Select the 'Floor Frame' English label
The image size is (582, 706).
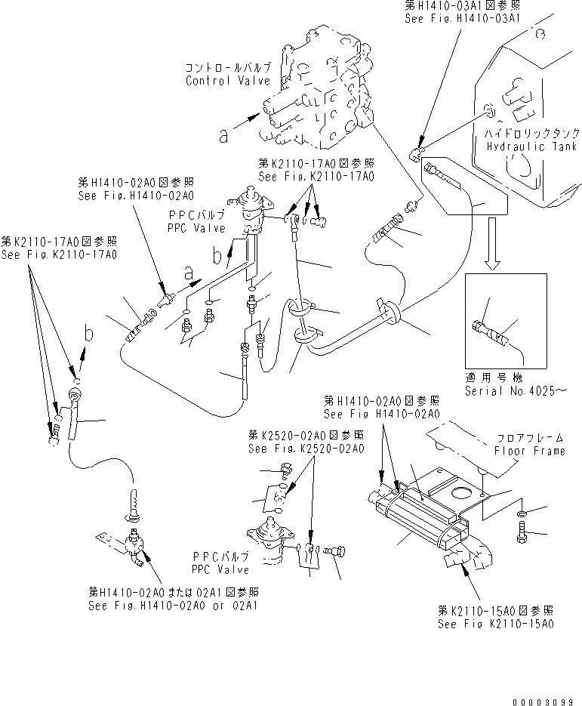click(x=529, y=451)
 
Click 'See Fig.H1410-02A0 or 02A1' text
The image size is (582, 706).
click(x=173, y=606)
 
